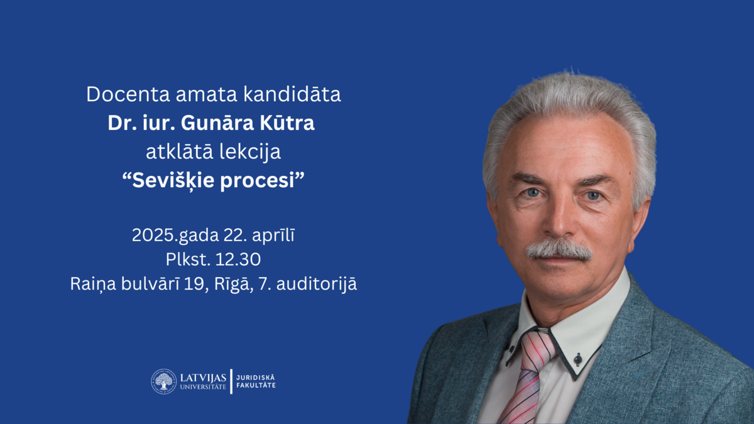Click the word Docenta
coord(128,94)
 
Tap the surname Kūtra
coord(287,122)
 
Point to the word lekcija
coord(250,152)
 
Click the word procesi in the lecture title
coord(258,181)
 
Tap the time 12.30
coord(238,259)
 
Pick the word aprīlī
coord(273,236)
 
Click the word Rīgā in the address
coord(234,283)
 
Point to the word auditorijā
coord(317,284)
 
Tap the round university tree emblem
coord(163,381)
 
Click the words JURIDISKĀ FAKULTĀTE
coord(256,382)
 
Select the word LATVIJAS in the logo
coord(203,378)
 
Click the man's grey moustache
coord(559,250)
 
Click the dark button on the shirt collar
coord(577,359)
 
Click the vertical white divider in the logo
coord(231,381)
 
